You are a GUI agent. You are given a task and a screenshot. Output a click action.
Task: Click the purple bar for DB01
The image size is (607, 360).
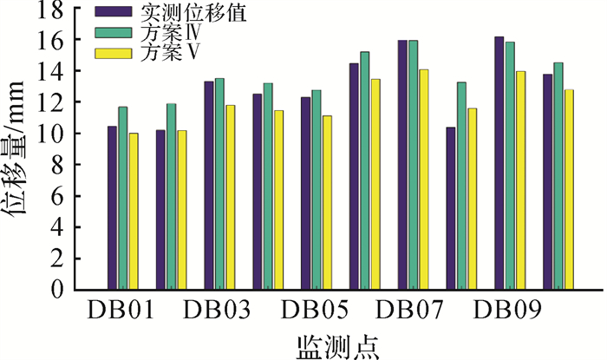click(x=112, y=208)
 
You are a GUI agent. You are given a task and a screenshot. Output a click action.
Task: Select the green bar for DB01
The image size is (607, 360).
click(x=122, y=199)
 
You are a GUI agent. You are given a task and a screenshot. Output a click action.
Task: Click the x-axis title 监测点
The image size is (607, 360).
click(x=338, y=344)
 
